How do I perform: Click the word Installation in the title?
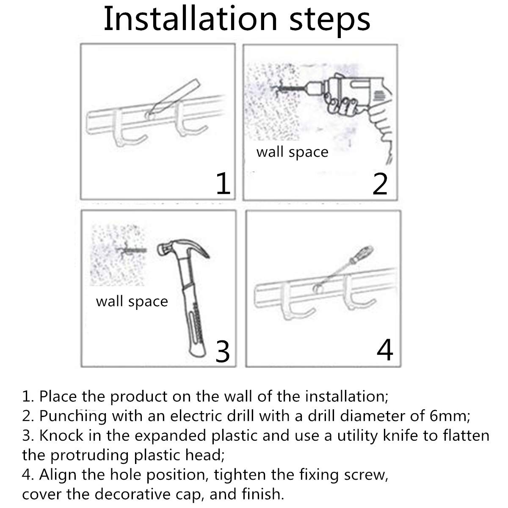click(x=190, y=19)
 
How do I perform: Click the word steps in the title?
click(x=330, y=22)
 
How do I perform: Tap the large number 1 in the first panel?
click(x=223, y=183)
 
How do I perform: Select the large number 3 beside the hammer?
click(x=223, y=351)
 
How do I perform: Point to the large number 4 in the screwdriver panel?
click(x=385, y=350)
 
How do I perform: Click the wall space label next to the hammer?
click(x=132, y=301)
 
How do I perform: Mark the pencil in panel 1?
click(x=174, y=98)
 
